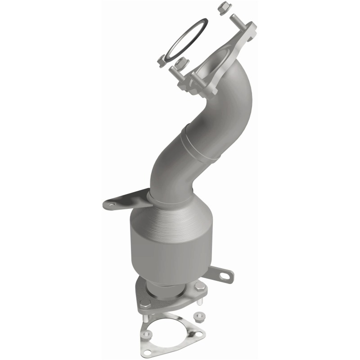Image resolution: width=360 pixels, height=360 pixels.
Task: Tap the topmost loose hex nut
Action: pos(222,8)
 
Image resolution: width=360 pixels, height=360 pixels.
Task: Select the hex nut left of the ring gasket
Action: pos(162,60)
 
